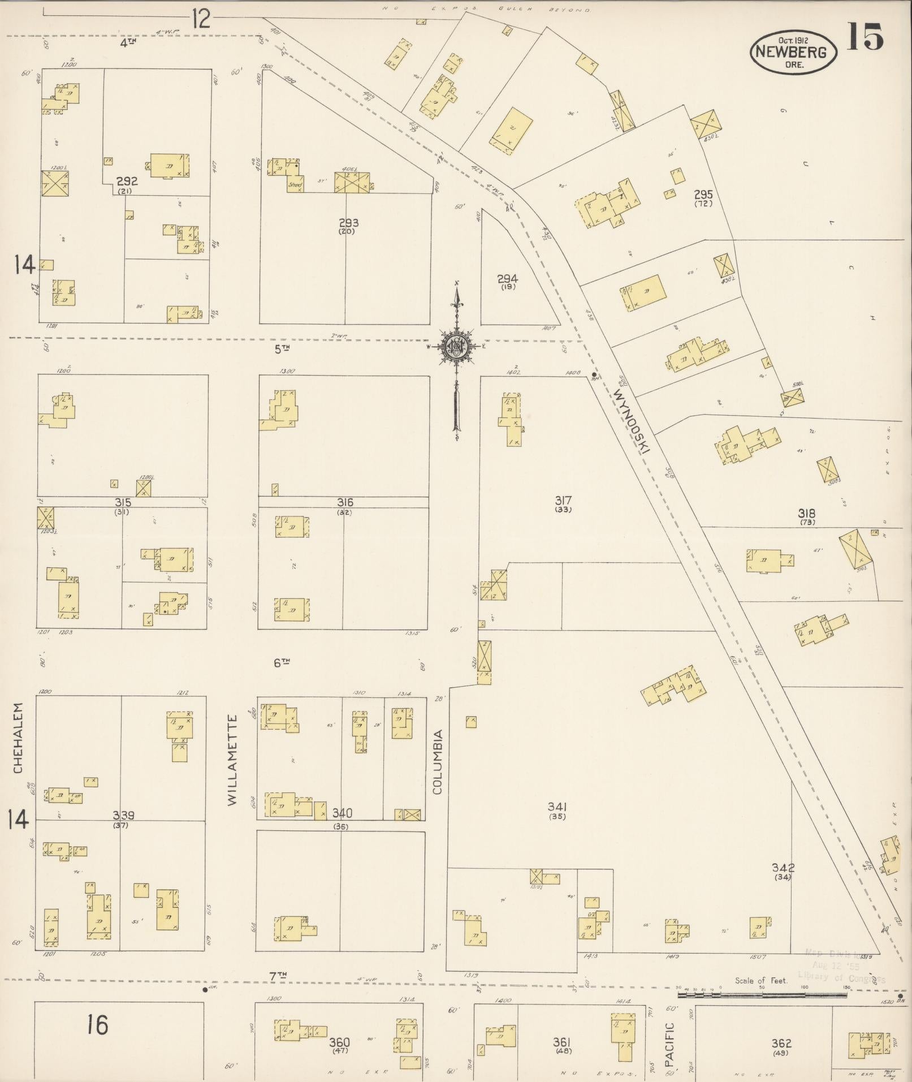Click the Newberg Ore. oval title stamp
(x=793, y=51)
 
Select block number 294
(x=507, y=279)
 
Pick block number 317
(x=563, y=500)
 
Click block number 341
(x=557, y=807)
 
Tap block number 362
(x=781, y=1043)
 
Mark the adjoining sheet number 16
(x=97, y=1024)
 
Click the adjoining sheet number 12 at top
(x=201, y=19)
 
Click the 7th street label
(x=278, y=975)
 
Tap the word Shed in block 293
(x=295, y=184)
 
